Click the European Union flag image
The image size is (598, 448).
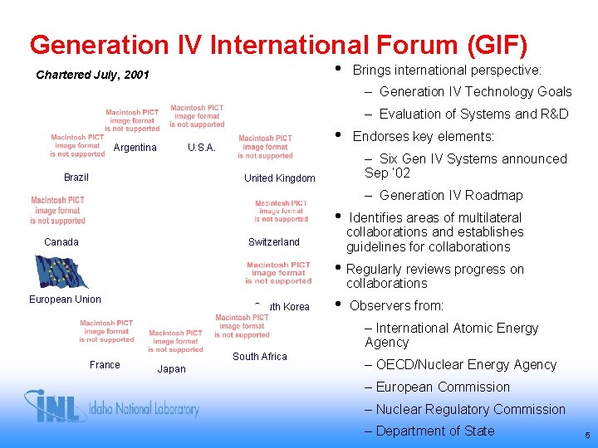pyautogui.click(x=62, y=271)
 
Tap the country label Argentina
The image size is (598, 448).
pyautogui.click(x=135, y=148)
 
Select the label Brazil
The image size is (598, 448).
pyautogui.click(x=76, y=178)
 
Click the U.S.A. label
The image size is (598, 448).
pyautogui.click(x=202, y=148)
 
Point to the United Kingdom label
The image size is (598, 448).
pyautogui.click(x=280, y=178)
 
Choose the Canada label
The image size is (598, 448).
pyautogui.click(x=61, y=242)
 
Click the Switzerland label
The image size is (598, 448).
pyautogui.click(x=274, y=242)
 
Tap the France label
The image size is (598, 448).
pyautogui.click(x=105, y=365)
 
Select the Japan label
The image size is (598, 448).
pyautogui.click(x=172, y=369)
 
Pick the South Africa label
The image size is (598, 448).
pyautogui.click(x=260, y=357)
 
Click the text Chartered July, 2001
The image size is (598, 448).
pyautogui.click(x=93, y=75)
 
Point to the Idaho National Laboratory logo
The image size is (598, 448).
pyautogui.click(x=112, y=407)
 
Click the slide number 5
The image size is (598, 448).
pyautogui.click(x=587, y=436)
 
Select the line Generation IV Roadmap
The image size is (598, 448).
pyautogui.click(x=451, y=196)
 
